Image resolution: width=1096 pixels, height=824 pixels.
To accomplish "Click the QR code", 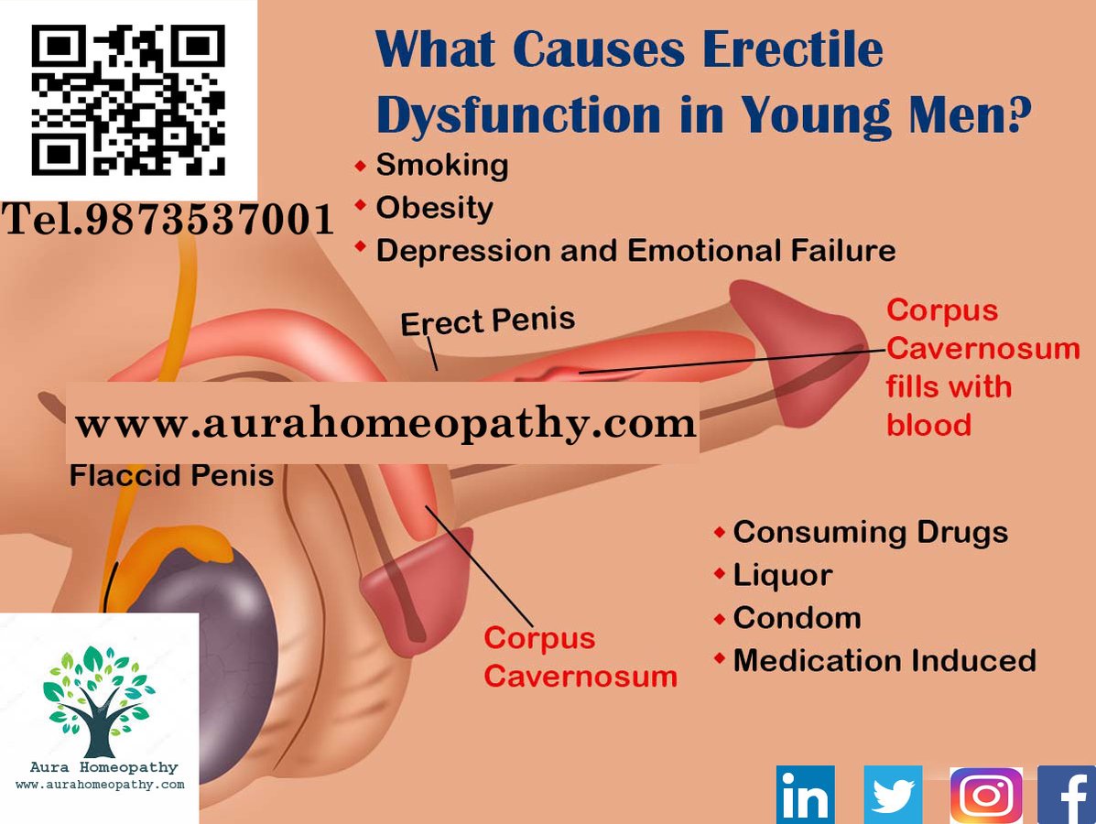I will click(128, 101).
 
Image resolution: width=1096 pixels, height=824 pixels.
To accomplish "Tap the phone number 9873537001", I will click(211, 221).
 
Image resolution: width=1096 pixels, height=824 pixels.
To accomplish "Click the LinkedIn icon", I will click(805, 795).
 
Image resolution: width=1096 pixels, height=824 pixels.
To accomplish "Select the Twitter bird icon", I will click(893, 795).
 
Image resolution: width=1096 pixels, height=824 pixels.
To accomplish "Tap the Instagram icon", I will click(986, 795).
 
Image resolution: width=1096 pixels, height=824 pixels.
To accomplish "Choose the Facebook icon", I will click(1068, 795).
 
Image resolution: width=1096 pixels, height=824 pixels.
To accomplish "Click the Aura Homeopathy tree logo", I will click(99, 700).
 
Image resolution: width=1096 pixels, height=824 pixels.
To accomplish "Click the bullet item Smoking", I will click(441, 166).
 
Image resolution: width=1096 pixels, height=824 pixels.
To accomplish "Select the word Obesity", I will click(434, 208).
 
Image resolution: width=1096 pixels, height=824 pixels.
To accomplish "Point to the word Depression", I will click(467, 250).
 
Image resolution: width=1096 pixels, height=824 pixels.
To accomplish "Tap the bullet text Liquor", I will click(782, 575).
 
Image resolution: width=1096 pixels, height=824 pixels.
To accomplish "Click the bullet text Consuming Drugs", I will click(870, 532).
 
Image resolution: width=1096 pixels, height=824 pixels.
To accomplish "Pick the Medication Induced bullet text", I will click(884, 660).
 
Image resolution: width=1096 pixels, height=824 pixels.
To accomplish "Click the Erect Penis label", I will click(488, 321).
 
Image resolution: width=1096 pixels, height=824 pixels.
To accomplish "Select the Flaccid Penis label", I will click(171, 476).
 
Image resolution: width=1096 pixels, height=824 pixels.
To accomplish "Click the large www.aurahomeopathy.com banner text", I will click(385, 424).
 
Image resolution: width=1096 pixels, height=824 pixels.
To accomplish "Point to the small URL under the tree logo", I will click(100, 785).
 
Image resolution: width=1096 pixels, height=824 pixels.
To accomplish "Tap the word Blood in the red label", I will click(928, 425).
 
